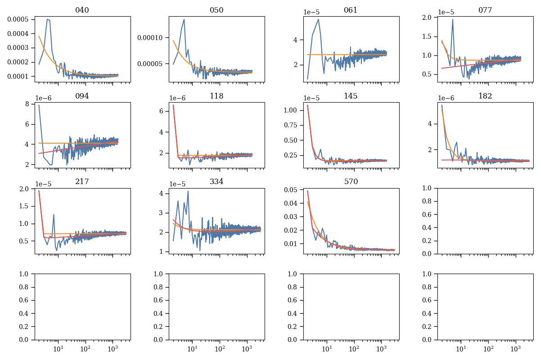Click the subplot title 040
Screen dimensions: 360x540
tap(82, 10)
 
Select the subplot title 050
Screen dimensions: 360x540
tap(216, 10)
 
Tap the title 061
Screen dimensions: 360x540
tap(351, 10)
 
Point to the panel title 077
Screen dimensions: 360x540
tap(485, 10)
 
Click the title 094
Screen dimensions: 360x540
tap(82, 96)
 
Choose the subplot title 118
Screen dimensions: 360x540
tap(216, 96)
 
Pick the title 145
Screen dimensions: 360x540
tap(351, 96)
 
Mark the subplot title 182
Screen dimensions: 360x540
tap(485, 96)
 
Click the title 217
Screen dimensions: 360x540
tap(82, 181)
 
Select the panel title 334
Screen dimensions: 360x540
tap(216, 181)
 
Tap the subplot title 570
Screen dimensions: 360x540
tap(351, 181)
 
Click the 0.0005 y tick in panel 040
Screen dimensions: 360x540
tap(19, 19)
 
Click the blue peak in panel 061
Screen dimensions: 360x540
tap(319, 19)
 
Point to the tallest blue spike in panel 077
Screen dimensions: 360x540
tap(453, 19)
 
